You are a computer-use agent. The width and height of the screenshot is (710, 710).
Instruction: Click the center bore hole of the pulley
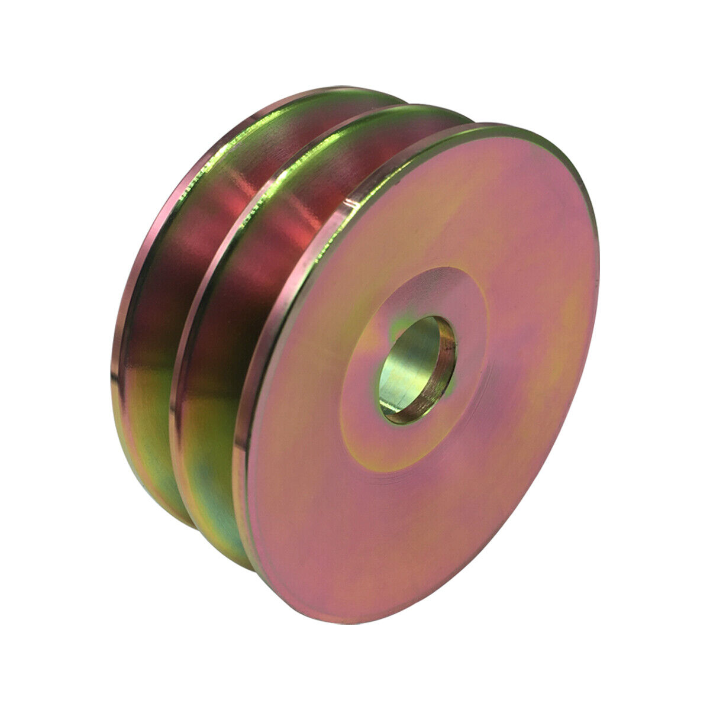click(417, 370)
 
